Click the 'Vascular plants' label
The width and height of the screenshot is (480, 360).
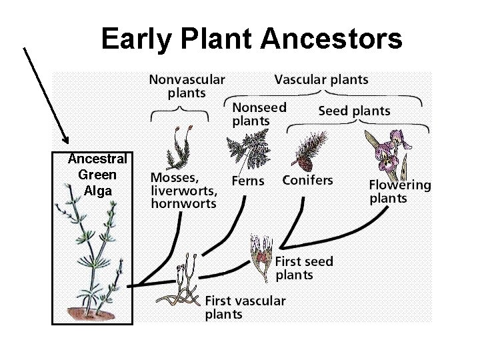tap(321, 79)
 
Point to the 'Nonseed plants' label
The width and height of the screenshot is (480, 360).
tap(259, 113)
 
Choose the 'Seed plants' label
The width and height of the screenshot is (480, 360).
tap(354, 110)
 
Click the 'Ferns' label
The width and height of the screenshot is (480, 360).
tap(247, 181)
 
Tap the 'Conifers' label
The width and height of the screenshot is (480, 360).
tap(307, 180)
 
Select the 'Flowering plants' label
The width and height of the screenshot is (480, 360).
tap(400, 191)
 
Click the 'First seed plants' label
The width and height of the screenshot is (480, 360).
tap(304, 267)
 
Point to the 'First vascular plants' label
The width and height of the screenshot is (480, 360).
tap(245, 307)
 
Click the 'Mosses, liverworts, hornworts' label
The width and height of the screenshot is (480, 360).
tap(183, 191)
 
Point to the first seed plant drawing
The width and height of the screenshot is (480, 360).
tap(261, 256)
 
